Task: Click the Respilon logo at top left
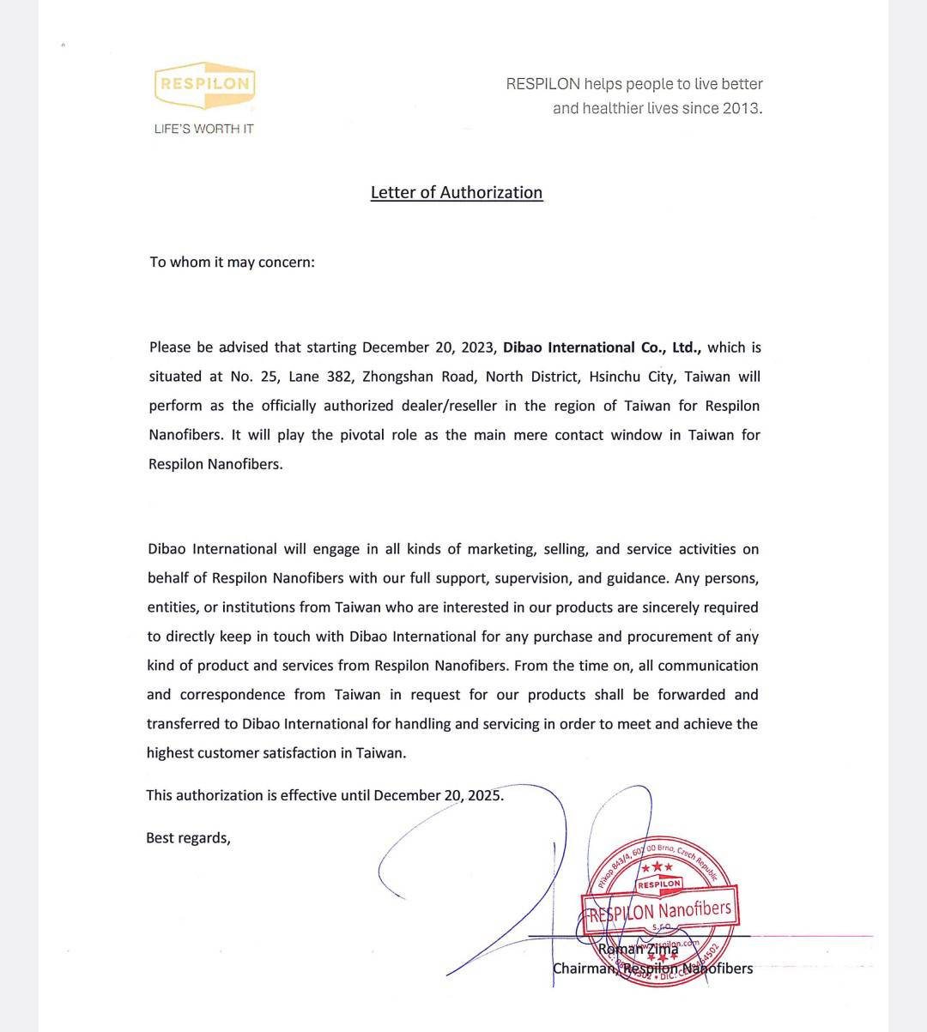coord(204,84)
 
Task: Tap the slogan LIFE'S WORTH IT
coord(203,129)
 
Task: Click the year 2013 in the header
coord(741,108)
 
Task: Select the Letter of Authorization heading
coord(456,192)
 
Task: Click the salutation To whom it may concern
coord(232,262)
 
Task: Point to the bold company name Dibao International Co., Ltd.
coord(602,347)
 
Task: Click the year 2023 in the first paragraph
coord(476,347)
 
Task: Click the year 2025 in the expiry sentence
coord(484,795)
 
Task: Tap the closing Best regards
coord(188,838)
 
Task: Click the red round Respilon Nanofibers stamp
coord(660,909)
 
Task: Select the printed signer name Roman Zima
coord(637,949)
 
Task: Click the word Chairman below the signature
coord(584,969)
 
